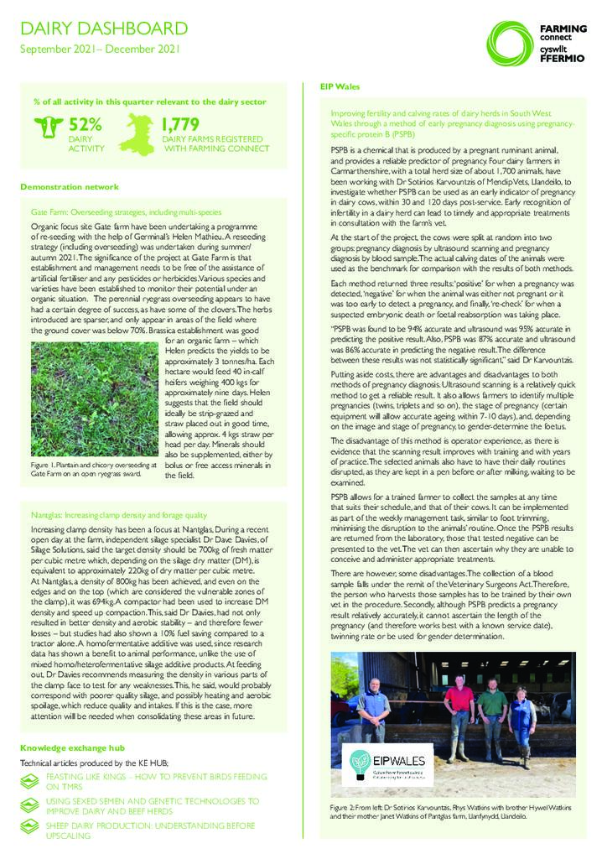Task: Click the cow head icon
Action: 49,128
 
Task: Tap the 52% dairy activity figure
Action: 85,125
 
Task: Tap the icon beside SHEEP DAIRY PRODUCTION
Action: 31,830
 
